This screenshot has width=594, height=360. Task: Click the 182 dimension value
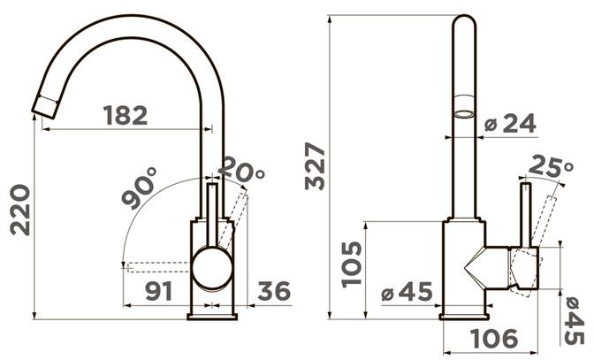125,116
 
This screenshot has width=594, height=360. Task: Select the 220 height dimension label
20,210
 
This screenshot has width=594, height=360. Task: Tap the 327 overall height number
316,166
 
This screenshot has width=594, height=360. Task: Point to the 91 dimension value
159,291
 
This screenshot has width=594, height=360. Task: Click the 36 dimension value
274,291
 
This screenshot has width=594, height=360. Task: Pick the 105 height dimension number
351,264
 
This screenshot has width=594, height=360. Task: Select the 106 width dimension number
494,339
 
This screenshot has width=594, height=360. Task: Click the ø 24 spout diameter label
511,123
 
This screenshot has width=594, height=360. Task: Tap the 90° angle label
139,188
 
